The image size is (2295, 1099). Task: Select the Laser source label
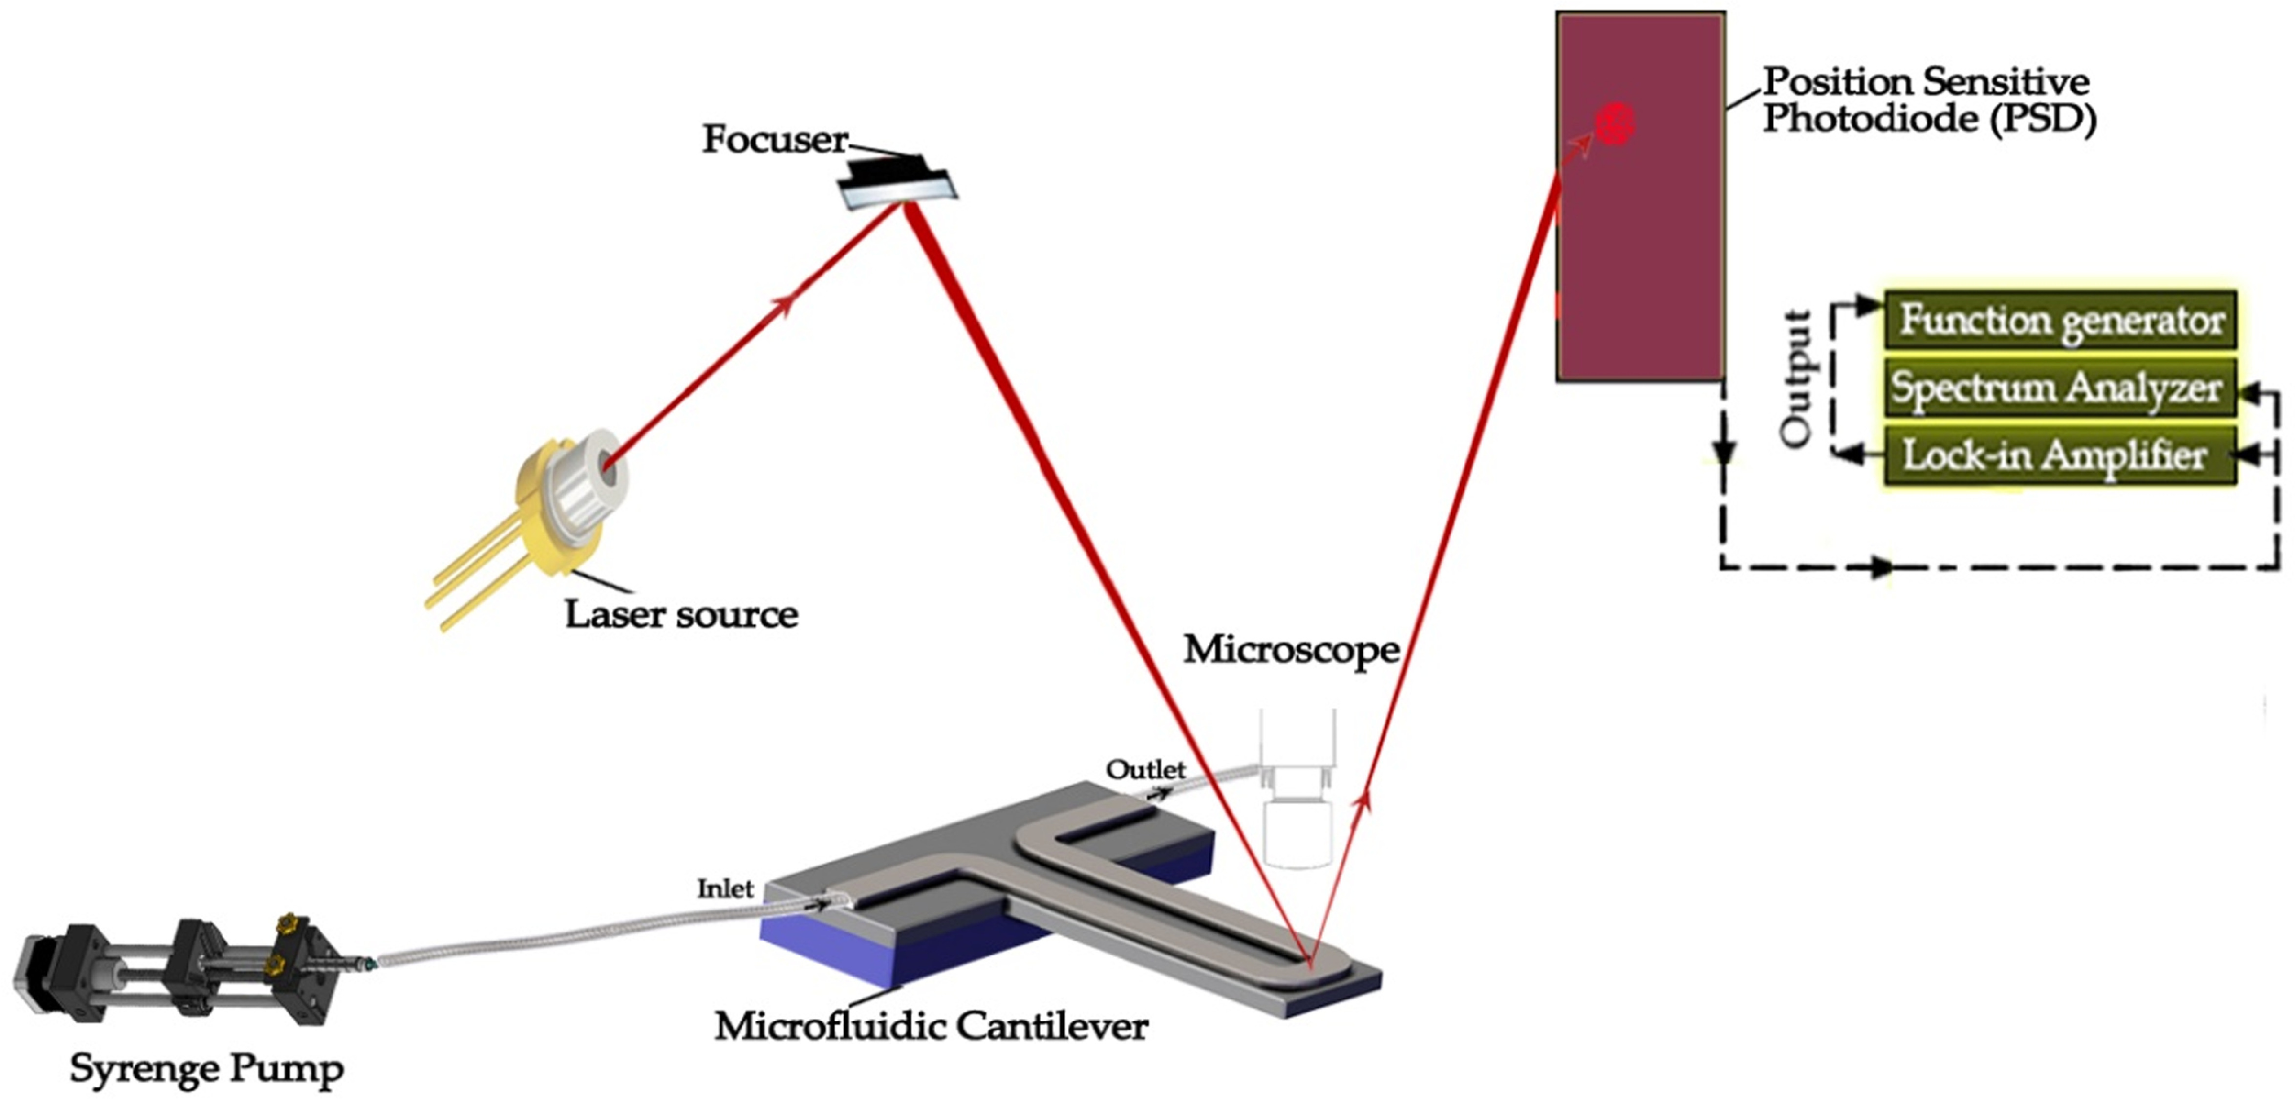pyautogui.click(x=681, y=614)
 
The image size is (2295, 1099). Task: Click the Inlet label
pyautogui.click(x=724, y=889)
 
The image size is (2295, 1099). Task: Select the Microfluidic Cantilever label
pyautogui.click(x=931, y=1026)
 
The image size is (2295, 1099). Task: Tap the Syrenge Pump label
pyautogui.click(x=207, y=1069)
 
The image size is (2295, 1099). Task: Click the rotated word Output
pyautogui.click(x=1796, y=379)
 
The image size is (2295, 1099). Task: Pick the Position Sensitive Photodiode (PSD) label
pyautogui.click(x=1929, y=100)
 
